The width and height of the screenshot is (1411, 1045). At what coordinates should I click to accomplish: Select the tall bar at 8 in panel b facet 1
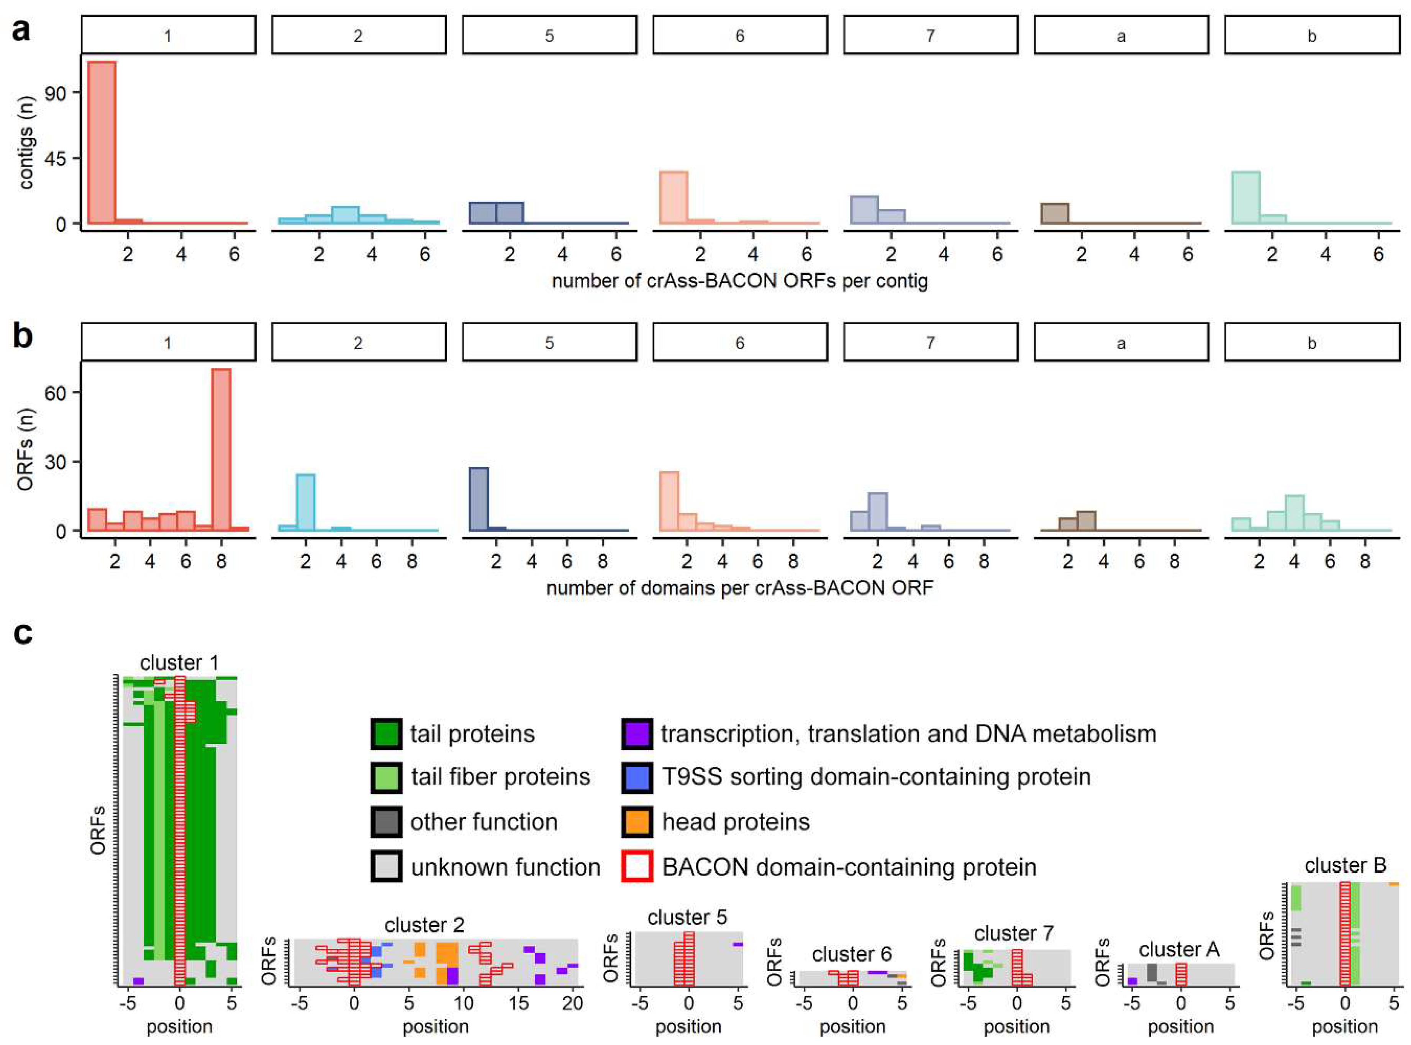[x=221, y=449]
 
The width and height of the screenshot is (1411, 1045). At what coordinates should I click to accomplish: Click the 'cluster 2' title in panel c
[x=424, y=925]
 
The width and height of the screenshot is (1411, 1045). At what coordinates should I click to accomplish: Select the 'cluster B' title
[x=1345, y=865]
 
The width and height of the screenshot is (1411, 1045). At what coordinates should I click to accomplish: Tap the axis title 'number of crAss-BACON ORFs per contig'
[x=739, y=280]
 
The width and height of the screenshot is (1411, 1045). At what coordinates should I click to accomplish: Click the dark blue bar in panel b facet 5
[x=479, y=498]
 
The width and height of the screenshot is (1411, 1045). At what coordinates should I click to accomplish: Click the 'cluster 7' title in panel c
[x=1013, y=933]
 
